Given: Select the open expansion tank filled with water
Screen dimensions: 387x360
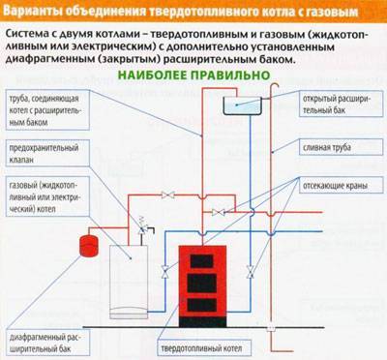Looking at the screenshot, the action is coord(242,105).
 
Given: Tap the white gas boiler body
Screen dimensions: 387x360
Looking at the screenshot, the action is coord(129,282).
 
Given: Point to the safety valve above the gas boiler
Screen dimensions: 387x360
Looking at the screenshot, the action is coord(141,226).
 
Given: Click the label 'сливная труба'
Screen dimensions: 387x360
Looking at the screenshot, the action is coord(327,148).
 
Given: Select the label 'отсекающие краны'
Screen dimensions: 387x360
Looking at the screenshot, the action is coord(335,186).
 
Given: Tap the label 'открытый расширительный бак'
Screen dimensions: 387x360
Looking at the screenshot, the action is coord(337,105).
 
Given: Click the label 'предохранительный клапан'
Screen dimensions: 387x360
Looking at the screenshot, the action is coord(44,154).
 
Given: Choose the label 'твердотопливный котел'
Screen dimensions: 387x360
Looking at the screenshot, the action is coord(201,348).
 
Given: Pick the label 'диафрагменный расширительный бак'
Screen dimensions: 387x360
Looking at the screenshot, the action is coord(45,344).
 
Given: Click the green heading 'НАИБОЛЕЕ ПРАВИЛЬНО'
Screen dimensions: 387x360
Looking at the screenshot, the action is coord(193,75).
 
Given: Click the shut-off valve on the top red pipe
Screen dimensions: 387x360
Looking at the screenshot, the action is coord(168,195).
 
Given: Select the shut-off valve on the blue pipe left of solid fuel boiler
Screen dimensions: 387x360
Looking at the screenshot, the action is coord(165,272).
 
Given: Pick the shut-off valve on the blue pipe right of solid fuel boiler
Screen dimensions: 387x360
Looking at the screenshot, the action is coord(251,272).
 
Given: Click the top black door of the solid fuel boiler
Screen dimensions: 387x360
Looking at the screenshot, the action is coord(202,261).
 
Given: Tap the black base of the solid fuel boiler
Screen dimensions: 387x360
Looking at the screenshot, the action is coord(202,322).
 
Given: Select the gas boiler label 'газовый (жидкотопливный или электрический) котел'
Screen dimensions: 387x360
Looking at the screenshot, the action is coord(44,197).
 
